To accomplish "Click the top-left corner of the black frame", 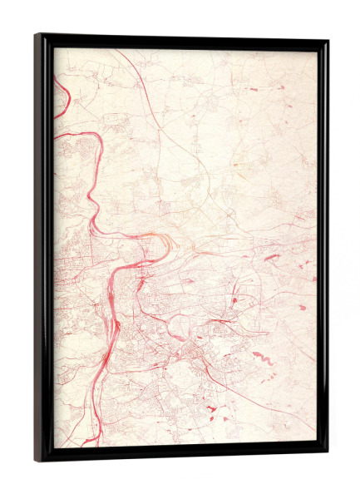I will coord(37,36).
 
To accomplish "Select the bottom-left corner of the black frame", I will coord(37,460).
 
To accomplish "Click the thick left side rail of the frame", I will coord(44,249).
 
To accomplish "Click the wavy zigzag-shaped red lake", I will coord(261,358).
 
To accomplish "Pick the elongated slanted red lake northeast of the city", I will coord(272,257).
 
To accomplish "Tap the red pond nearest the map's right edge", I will coord(303,307).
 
